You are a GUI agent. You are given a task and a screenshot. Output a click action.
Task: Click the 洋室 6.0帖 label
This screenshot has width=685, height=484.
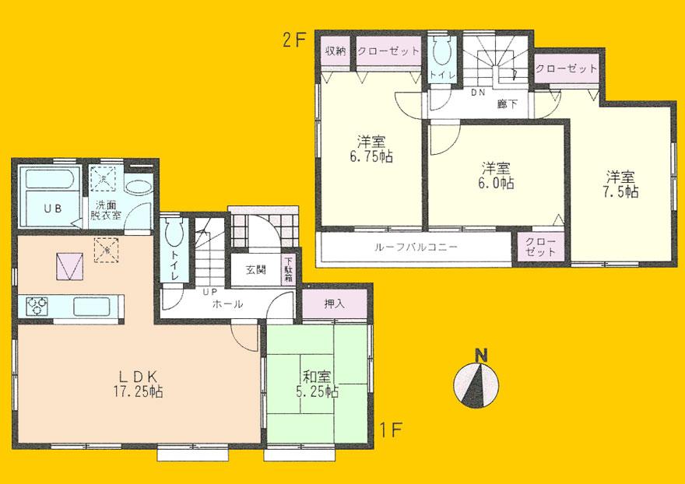click(x=496, y=176)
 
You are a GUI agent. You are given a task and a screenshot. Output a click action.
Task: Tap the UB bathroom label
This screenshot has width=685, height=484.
click(x=51, y=208)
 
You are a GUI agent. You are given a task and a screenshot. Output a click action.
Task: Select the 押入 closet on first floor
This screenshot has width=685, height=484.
click(x=334, y=303)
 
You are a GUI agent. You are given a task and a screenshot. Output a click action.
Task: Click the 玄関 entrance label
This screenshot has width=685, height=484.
click(x=257, y=270)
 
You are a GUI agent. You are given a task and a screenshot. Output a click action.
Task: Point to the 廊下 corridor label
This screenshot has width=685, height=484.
click(x=508, y=103)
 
